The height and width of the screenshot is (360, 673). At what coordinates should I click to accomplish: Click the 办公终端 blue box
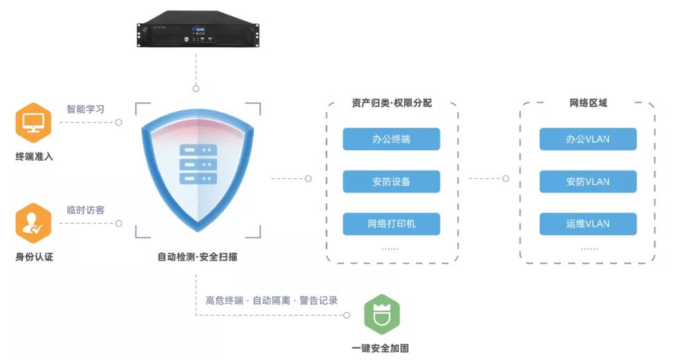391,139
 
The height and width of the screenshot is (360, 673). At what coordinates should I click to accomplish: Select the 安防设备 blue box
391,181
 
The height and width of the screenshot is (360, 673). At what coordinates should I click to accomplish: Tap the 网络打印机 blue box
391,224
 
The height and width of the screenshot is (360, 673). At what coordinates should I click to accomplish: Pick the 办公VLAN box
588,139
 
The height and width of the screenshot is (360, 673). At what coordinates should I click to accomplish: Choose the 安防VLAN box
588,181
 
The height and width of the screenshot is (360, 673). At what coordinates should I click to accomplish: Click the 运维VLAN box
588,224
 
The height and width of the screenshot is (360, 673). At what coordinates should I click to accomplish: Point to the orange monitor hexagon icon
33,122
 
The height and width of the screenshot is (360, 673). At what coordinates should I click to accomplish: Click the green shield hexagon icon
381,315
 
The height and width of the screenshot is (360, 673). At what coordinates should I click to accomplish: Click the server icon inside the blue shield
198,164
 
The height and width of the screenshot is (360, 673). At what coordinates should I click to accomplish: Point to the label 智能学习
85,109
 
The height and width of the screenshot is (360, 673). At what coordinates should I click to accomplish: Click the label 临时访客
85,210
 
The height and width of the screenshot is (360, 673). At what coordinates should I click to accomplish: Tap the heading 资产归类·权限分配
391,103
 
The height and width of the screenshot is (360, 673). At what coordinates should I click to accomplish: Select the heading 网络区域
588,103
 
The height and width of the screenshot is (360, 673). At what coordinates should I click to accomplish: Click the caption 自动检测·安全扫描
197,257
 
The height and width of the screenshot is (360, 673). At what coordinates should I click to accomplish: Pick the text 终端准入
34,156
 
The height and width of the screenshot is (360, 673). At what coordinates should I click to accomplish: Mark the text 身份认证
34,257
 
